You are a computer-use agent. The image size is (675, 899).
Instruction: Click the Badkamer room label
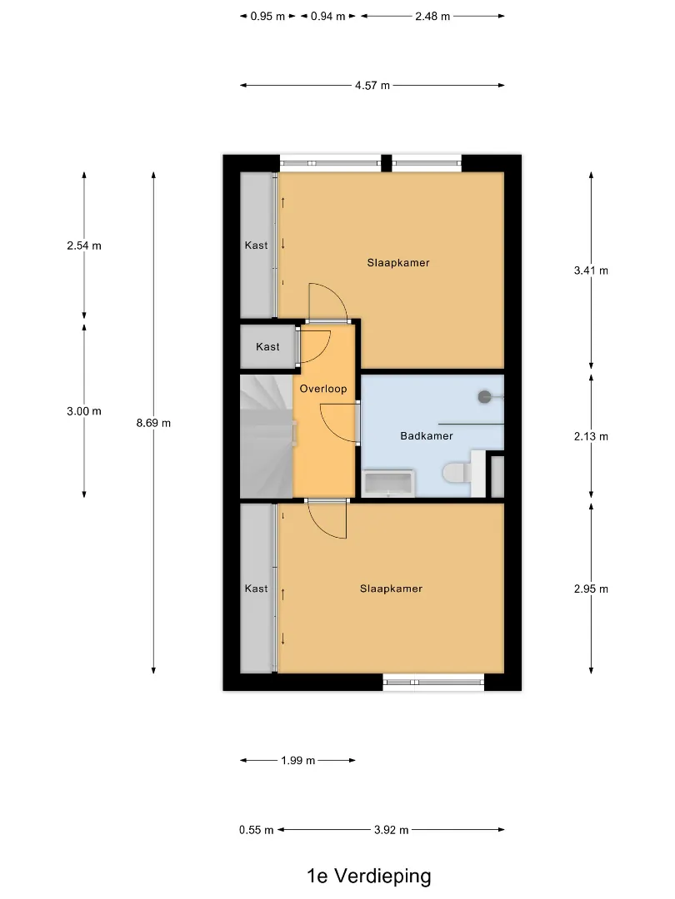427,435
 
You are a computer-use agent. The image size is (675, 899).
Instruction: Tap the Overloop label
323,389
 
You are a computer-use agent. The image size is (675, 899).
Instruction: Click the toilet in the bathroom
457,473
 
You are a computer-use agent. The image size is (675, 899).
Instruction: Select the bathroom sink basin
388,484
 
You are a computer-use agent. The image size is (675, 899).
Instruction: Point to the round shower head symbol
484,396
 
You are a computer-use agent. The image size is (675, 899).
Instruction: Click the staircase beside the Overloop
267,435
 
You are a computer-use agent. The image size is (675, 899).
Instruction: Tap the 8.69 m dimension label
153,423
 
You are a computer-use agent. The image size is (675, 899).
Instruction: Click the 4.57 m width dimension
372,86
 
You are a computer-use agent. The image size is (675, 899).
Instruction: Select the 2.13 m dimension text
591,436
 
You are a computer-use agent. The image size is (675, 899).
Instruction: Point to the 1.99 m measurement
297,761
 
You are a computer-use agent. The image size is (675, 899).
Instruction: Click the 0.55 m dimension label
256,830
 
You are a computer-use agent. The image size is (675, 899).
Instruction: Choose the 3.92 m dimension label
392,830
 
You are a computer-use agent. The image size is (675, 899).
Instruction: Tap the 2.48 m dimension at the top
432,16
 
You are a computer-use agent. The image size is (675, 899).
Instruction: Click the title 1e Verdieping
369,876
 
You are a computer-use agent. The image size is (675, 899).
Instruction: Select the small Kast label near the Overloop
267,347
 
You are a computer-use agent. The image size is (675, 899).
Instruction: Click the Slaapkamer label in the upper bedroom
398,262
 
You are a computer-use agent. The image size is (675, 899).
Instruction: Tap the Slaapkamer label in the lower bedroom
391,589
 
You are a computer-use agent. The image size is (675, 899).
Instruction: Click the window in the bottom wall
433,682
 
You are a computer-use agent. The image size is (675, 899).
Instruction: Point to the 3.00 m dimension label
84,411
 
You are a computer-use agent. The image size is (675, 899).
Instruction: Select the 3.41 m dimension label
591,270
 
